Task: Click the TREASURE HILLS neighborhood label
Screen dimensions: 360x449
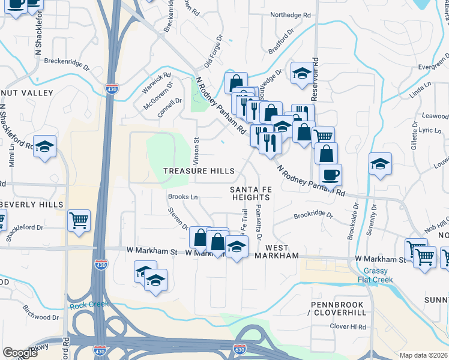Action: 199,171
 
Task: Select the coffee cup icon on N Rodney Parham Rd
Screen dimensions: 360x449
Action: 330,176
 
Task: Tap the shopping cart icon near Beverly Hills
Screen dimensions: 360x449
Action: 79,221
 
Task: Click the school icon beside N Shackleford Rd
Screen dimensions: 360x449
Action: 44,147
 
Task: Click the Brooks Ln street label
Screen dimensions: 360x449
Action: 182,197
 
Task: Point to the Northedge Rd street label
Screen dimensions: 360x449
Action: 291,14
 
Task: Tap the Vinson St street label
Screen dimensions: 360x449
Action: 196,148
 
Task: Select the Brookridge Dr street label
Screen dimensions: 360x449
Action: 313,215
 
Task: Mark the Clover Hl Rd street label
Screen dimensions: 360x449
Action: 348,326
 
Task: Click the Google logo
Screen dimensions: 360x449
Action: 20,352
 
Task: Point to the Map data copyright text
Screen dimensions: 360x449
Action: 423,355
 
